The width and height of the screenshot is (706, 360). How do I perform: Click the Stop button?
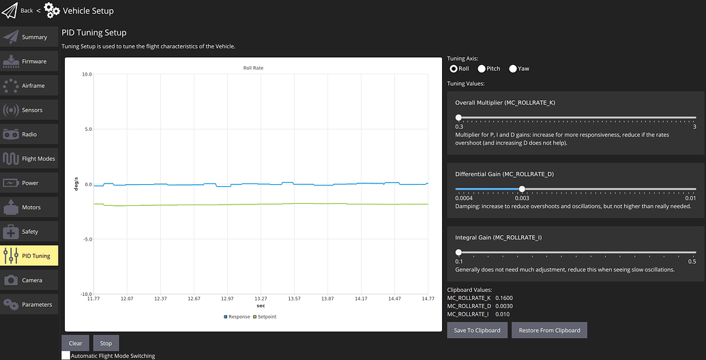[106, 343]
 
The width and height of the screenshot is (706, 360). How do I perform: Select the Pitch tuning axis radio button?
[482, 69]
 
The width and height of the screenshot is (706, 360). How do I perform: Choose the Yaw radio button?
[513, 69]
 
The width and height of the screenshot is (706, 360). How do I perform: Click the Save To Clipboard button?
[477, 330]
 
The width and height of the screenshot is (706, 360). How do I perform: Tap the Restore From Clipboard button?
[549, 330]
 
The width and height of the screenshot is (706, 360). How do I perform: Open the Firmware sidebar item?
[29, 61]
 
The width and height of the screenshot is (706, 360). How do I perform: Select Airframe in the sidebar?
[29, 86]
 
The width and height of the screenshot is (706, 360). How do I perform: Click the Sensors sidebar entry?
[29, 110]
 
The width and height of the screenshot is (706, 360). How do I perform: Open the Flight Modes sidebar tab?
[29, 159]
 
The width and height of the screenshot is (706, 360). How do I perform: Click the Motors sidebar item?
[29, 207]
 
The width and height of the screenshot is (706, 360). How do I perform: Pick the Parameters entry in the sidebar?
[29, 305]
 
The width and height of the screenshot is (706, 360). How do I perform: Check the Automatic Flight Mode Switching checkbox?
[66, 355]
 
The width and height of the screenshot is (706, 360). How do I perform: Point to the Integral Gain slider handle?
[458, 252]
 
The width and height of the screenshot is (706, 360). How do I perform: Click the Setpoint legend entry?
[265, 317]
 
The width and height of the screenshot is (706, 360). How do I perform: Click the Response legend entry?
[237, 317]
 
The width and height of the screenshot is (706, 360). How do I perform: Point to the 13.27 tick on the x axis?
[261, 299]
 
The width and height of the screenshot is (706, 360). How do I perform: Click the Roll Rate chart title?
[253, 68]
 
